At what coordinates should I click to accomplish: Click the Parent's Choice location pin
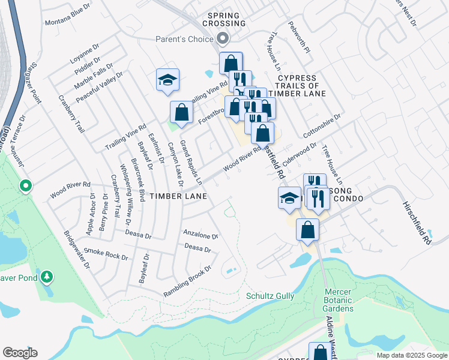click(x=223, y=39)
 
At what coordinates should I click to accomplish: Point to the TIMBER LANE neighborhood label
click(x=178, y=196)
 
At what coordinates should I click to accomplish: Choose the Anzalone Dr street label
click(x=200, y=233)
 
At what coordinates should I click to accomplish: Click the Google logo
click(x=20, y=353)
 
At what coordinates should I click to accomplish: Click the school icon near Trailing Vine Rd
click(x=168, y=80)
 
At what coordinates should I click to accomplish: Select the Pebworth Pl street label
click(x=298, y=38)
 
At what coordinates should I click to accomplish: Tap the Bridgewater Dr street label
click(x=77, y=249)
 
